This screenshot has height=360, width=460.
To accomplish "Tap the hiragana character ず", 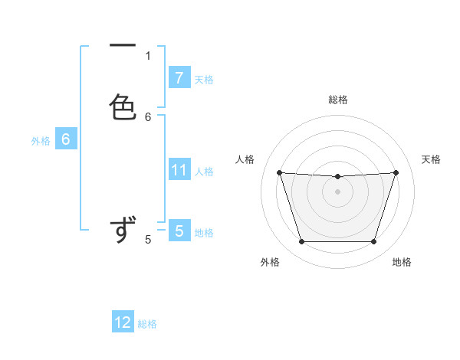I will tap(123, 230).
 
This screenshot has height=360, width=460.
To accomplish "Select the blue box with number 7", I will tap(179, 77).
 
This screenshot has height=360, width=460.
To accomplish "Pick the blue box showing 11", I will tap(179, 170).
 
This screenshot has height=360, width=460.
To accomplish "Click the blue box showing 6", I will tap(66, 139).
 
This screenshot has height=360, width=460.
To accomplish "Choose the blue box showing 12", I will tap(123, 322).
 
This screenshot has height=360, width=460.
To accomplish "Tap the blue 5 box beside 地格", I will tap(179, 231).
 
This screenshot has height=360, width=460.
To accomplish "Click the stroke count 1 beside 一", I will tap(148, 55).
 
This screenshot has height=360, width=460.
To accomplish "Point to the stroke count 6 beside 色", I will tap(148, 117).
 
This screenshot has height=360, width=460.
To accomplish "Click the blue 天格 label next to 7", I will tap(204, 79).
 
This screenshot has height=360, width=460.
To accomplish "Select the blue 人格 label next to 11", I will tap(204, 172).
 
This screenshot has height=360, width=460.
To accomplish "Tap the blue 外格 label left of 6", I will tap(41, 141).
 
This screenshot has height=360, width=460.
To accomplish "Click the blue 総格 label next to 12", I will tap(147, 324).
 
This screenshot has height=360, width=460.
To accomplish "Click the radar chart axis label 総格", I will tap(338, 100).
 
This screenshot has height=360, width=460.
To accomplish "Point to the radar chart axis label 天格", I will tap(432, 159).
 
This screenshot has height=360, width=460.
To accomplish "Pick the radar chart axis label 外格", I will tap(270, 262).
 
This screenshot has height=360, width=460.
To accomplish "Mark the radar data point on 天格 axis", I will tap(396, 172).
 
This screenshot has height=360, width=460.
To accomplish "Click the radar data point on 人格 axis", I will tap(279, 172).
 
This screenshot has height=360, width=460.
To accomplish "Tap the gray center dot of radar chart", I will tap(337, 191).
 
